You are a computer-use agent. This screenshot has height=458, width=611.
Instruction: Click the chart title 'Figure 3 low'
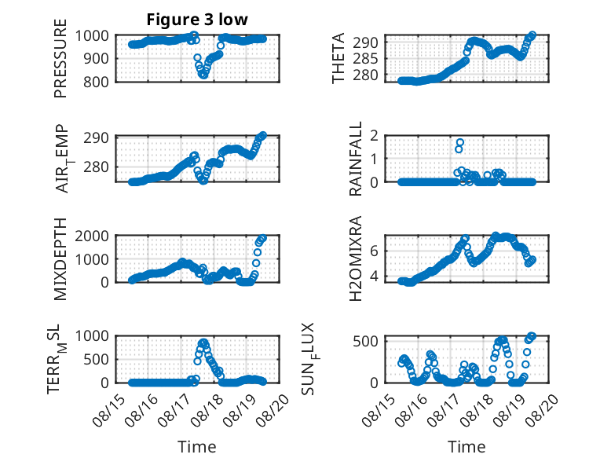[x=197, y=20]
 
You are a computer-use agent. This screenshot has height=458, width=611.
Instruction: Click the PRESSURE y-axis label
[x=60, y=58]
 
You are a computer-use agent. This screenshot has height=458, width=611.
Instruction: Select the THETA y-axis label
[x=338, y=58]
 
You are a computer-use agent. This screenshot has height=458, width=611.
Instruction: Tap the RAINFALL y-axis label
[x=356, y=159]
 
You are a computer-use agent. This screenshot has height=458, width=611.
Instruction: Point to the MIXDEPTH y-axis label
[x=60, y=259]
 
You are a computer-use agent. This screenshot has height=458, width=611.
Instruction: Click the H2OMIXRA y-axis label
[x=356, y=258]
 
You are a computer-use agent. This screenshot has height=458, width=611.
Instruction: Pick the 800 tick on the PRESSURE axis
[x=95, y=82]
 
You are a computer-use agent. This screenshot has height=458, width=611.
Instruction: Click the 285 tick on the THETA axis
[x=365, y=58]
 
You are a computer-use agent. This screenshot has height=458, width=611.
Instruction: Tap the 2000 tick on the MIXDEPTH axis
[x=92, y=236]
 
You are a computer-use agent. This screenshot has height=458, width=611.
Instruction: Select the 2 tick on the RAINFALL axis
[x=374, y=136]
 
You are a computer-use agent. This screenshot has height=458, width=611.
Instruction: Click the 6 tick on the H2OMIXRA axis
[x=374, y=251]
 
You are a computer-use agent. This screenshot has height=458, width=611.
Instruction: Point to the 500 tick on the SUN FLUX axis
[x=365, y=342]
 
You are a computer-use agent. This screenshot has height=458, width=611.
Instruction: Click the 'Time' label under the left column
[x=197, y=446]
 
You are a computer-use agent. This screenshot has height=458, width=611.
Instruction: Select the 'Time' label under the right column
[x=466, y=446]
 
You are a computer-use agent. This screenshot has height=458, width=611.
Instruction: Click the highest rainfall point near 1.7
[x=460, y=142]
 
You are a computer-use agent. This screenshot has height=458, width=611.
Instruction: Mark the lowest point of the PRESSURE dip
[x=203, y=75]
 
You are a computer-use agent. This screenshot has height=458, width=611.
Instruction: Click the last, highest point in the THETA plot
[x=532, y=35]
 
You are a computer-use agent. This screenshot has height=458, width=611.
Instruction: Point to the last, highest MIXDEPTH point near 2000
[x=263, y=238]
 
